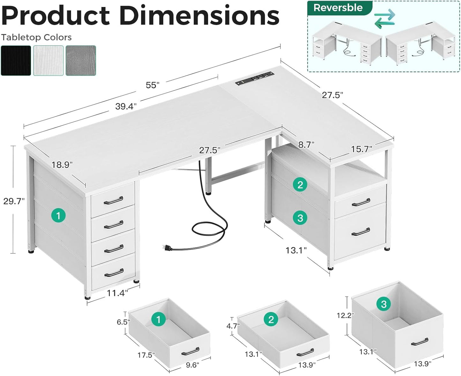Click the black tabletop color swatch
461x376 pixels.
pos(16,61)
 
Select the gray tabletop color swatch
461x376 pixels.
pos(81,61)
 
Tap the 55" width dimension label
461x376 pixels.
pos(152,85)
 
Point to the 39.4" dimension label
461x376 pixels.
pos(126,106)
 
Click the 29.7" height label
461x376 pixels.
pos(14,201)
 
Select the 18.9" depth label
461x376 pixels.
pos(62,165)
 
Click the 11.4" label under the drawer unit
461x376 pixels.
pos(117,293)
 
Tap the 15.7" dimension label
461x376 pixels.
pos(362,149)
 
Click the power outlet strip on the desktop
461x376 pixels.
pos(255,78)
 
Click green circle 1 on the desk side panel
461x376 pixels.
pos(58,216)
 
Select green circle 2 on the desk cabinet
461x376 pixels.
pos(300,184)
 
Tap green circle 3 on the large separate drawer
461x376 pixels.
pos(383,304)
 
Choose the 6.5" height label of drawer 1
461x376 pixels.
pos(123,322)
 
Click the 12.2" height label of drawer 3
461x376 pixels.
pos(345,315)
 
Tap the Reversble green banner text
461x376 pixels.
pos(338,8)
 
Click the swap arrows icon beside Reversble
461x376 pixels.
pos(384,18)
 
